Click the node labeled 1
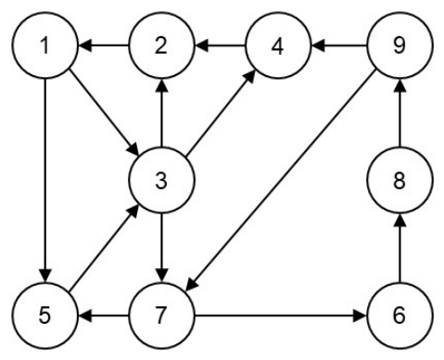[x=45, y=45]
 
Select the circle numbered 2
[x=161, y=45]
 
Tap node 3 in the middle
[x=161, y=180]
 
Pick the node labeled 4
[x=278, y=45]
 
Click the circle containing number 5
[x=45, y=315]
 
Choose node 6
[x=400, y=315]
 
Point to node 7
[x=161, y=315]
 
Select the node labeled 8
[x=400, y=180]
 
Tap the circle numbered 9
[x=400, y=45]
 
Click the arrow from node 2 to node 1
[x=104, y=45]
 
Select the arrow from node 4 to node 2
[x=220, y=45]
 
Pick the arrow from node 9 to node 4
[x=339, y=45]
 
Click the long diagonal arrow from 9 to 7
[x=281, y=180]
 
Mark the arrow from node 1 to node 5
[x=45, y=180]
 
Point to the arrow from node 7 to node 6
[x=281, y=315]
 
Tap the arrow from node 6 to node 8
[x=400, y=248]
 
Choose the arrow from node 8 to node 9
[x=400, y=113]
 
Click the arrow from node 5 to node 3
[x=104, y=248]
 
